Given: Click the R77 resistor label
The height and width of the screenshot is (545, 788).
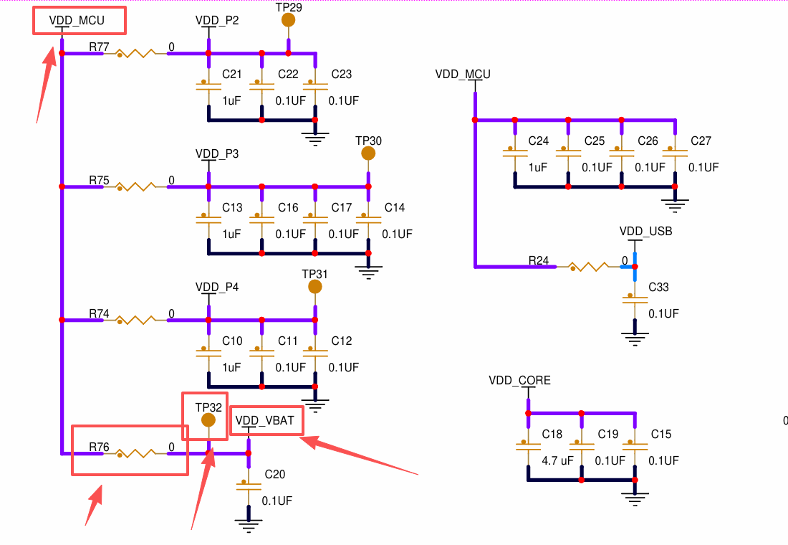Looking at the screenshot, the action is point(99,47).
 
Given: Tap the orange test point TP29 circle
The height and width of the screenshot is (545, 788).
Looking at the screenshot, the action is point(288,20).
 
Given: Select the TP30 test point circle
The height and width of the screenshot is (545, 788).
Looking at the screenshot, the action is point(368,153).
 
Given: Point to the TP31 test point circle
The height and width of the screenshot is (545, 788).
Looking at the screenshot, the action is point(315,287).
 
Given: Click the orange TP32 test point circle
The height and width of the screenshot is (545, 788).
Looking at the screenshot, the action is point(208,420).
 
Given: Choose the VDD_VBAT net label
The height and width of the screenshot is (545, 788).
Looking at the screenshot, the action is point(265,421).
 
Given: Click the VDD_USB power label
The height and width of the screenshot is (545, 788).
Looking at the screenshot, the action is point(645,232).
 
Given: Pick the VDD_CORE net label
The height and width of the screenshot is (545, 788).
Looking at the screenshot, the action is point(519,381).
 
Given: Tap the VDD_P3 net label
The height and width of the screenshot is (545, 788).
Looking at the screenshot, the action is point(217,154).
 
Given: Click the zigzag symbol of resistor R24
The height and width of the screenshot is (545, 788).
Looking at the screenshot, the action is point(589,267).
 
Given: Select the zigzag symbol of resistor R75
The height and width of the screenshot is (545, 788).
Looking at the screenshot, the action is point(135,186).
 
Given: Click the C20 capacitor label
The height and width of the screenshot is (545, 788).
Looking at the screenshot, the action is point(275,474).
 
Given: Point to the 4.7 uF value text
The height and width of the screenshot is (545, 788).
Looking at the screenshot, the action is point(557,460).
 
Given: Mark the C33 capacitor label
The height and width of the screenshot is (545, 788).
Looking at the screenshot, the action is point(658,288).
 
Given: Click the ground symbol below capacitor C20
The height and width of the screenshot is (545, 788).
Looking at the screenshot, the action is point(249,524).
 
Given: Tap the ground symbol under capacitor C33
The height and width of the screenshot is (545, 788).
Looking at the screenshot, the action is point(635,338).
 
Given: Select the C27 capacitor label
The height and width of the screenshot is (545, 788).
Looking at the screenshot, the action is point(701,141).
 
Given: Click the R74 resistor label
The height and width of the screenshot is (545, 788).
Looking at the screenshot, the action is point(99,313).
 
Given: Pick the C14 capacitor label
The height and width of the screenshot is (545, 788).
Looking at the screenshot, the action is point(395,207).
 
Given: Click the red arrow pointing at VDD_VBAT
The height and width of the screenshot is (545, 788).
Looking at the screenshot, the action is point(359,456).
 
